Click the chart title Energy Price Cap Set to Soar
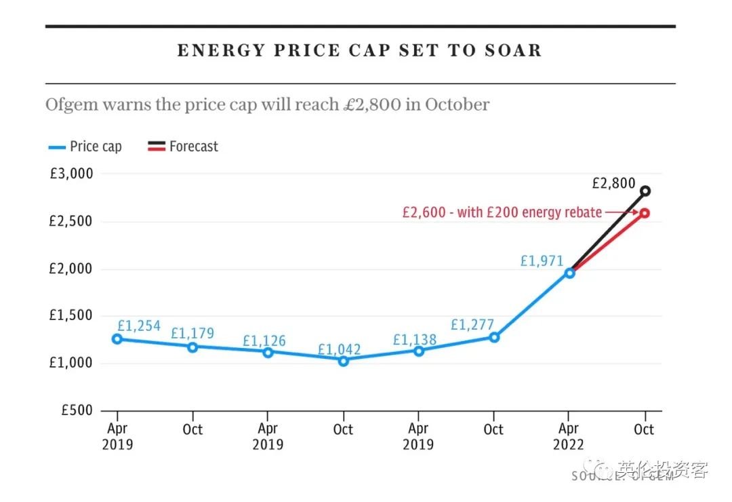click(360, 51)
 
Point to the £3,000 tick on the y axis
click(71, 174)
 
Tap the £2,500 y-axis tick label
click(71, 221)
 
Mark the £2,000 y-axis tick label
click(71, 269)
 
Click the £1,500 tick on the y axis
click(71, 315)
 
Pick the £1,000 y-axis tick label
click(71, 363)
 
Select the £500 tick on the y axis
click(76, 410)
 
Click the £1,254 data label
click(139, 326)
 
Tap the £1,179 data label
click(192, 333)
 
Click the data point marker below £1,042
click(344, 361)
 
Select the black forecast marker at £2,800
click(645, 191)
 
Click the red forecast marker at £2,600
click(645, 213)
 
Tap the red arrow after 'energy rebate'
click(620, 213)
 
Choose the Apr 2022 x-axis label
click(569, 437)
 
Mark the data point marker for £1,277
click(494, 337)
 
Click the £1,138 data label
click(415, 340)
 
